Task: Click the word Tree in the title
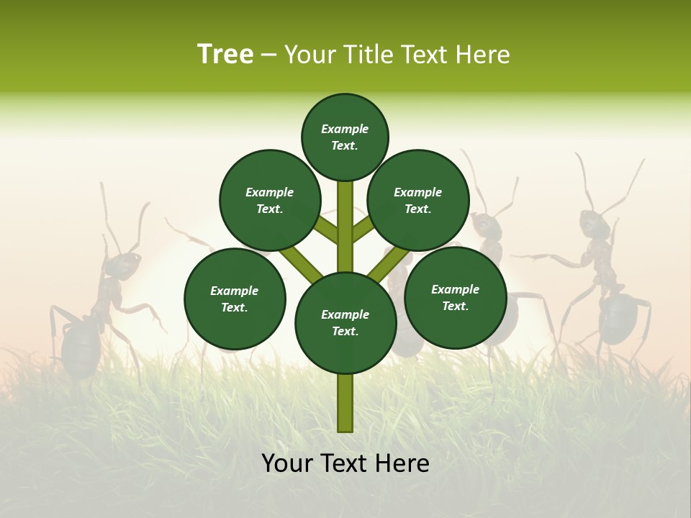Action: (x=225, y=55)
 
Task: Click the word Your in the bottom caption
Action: (x=288, y=463)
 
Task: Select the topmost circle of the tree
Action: (x=345, y=137)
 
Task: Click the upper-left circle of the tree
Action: (x=270, y=201)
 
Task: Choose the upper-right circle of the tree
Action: (x=418, y=201)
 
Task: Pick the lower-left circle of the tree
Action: (x=235, y=299)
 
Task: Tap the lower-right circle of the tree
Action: (x=456, y=297)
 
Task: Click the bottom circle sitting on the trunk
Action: (x=345, y=323)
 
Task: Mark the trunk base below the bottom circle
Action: (x=345, y=403)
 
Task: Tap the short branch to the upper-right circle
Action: (x=363, y=230)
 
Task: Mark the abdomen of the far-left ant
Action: (x=81, y=345)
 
